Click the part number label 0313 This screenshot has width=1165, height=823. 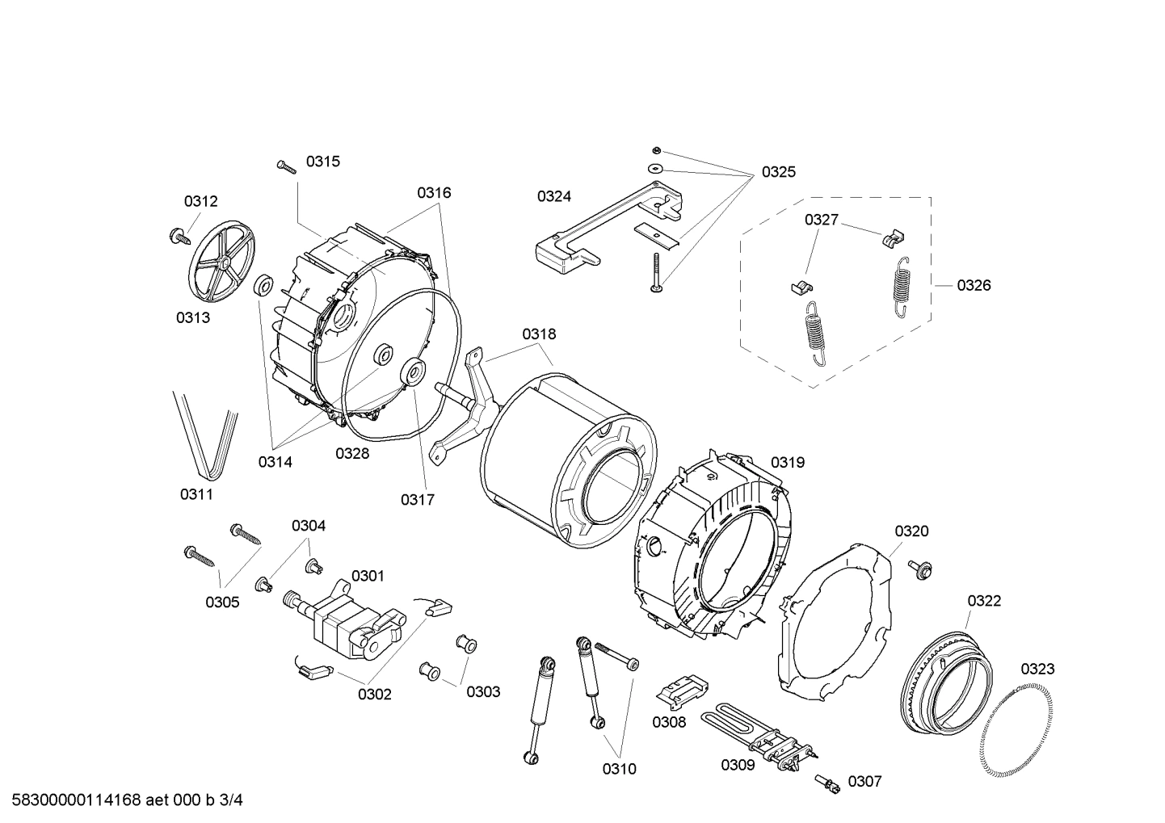[x=193, y=317]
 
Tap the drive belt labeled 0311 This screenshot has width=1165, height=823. [x=207, y=436]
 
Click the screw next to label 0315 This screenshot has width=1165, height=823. [x=287, y=166]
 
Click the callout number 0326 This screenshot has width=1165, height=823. [x=974, y=285]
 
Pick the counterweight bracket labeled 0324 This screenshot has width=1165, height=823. [x=606, y=230]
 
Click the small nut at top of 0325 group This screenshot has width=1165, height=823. [x=657, y=150]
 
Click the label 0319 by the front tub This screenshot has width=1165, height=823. [x=787, y=463]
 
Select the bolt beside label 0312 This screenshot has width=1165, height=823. [x=176, y=236]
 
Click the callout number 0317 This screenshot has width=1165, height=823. [x=417, y=500]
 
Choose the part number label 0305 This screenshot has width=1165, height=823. [x=222, y=602]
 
